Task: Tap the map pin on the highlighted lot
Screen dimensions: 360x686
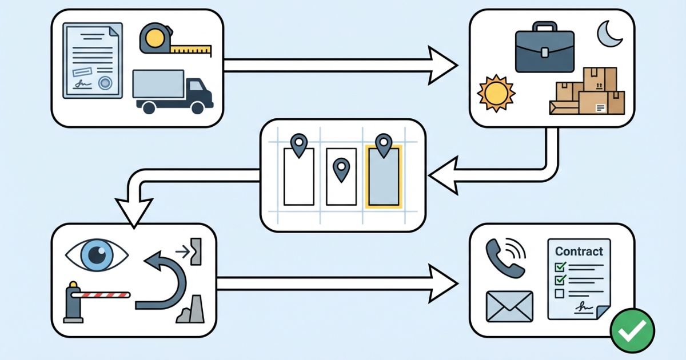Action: coord(384,146)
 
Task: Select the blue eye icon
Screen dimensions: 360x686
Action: coord(97,255)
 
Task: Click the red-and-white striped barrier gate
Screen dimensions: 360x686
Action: coord(103,295)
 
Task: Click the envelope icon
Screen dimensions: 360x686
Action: coord(509,306)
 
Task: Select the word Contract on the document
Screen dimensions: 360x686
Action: coord(579,251)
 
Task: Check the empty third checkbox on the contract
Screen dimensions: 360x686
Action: coord(560,294)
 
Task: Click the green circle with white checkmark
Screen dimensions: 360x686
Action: coord(632,330)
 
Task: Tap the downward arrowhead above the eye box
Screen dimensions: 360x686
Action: coord(134,211)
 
